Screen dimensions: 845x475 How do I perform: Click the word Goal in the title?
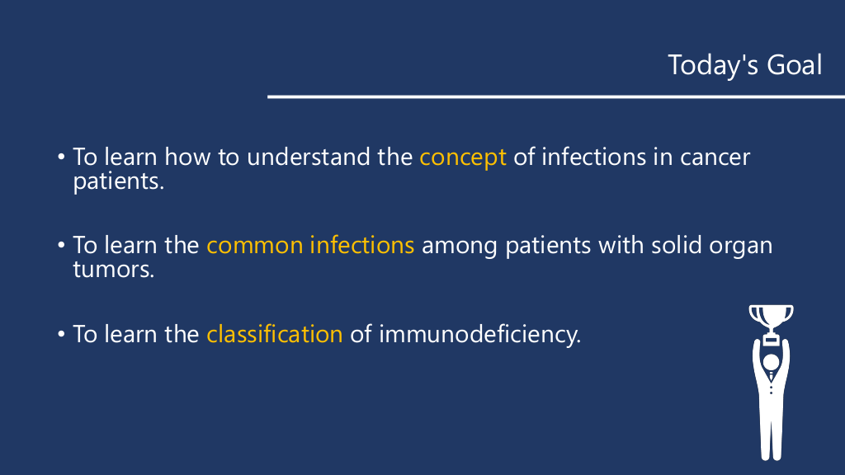click(795, 65)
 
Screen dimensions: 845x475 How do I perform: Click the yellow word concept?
click(463, 158)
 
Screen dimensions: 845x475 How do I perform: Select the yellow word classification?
click(275, 334)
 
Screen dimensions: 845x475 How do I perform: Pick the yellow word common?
click(255, 246)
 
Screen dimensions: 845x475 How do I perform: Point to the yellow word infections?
click(362, 245)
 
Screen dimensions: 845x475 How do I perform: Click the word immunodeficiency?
click(480, 335)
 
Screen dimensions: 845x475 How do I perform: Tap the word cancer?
click(715, 158)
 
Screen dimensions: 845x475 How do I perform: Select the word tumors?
click(114, 270)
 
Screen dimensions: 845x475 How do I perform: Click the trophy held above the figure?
click(772, 323)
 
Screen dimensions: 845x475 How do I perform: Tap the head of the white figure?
click(772, 363)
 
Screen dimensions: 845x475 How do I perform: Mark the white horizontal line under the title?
click(556, 97)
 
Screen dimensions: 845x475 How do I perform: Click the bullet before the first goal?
click(61, 158)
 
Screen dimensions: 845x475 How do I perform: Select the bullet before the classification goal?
click(61, 335)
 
